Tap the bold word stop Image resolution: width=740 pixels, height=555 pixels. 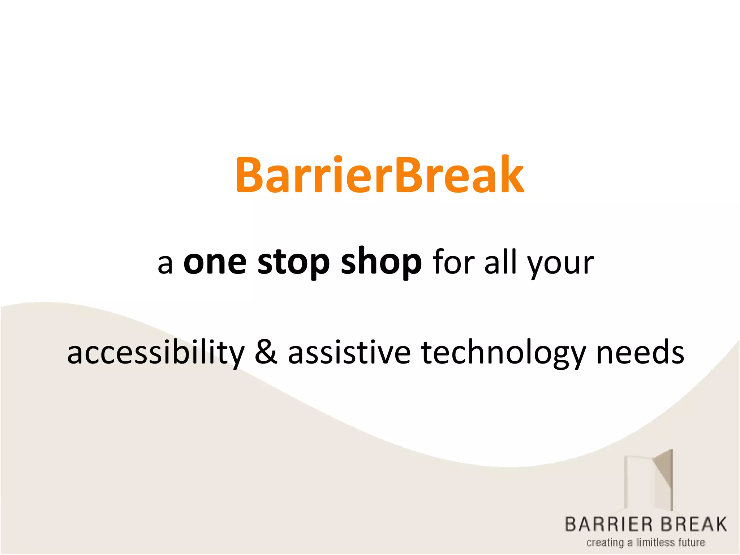click(293, 263)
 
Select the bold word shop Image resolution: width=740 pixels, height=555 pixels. click(381, 263)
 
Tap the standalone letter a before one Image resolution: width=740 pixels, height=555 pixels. click(165, 264)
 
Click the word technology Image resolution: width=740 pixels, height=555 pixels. click(503, 353)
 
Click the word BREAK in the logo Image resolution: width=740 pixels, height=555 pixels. click(695, 524)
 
